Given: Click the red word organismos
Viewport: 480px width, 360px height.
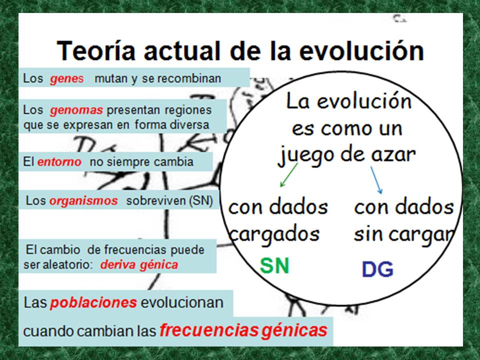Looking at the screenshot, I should tap(83, 201).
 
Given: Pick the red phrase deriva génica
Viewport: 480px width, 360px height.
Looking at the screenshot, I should tap(138, 265).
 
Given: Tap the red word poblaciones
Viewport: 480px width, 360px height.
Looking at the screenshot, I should tap(93, 303).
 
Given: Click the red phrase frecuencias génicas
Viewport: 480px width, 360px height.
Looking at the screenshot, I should tap(243, 330).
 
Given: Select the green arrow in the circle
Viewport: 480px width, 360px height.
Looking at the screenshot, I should tap(288, 176).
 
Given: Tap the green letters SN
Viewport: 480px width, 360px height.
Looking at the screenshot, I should tap(274, 266).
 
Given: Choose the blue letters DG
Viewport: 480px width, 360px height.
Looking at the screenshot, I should tap(377, 269).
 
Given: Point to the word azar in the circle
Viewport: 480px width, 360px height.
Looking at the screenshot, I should tap(393, 155).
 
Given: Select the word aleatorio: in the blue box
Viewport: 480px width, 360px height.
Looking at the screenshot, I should tap(65, 265).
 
